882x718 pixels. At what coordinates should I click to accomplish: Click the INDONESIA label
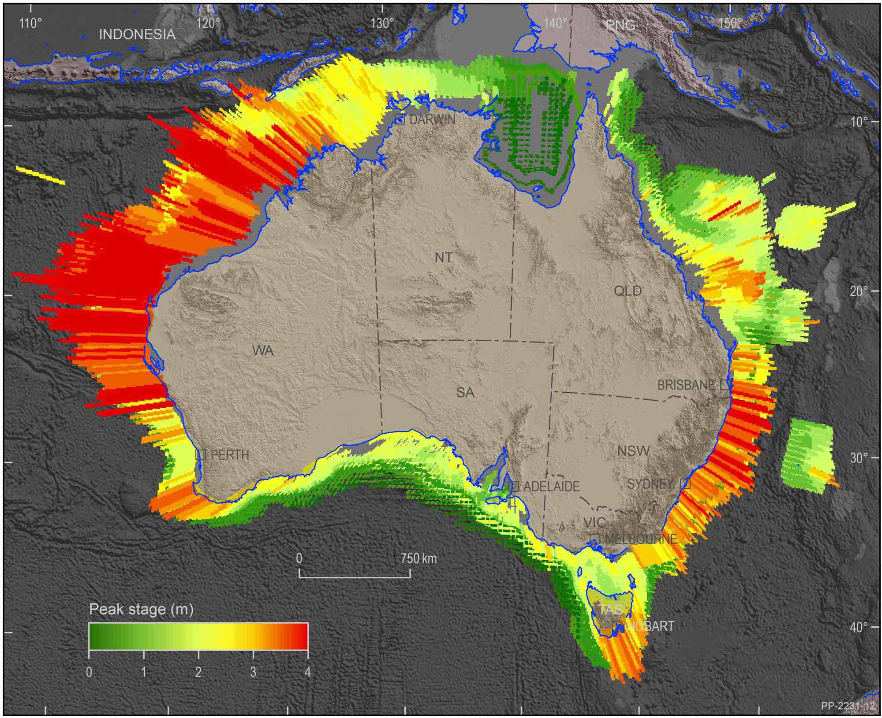point(137,34)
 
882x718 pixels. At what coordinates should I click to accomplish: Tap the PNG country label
point(620,25)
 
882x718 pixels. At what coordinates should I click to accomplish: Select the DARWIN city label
point(432,119)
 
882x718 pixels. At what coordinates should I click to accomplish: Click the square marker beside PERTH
point(201,454)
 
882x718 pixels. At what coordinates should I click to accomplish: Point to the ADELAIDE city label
point(551,487)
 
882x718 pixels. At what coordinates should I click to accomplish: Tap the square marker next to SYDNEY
point(685,483)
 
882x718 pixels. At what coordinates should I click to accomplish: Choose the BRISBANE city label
point(685,385)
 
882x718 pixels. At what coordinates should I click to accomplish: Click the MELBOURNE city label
point(640,539)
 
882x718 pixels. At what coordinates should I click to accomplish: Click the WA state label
point(263,350)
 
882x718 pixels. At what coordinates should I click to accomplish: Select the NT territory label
point(443,257)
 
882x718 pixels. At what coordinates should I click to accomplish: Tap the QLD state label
point(628,291)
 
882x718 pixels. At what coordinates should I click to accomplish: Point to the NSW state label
point(634,451)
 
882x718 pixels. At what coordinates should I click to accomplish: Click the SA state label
point(465,392)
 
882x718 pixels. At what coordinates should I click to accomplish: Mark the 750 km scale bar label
point(419,559)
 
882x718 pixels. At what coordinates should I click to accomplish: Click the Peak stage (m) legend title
point(141,609)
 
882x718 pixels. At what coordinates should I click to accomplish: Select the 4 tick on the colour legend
point(307,672)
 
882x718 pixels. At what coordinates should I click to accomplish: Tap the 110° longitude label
point(30,23)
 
